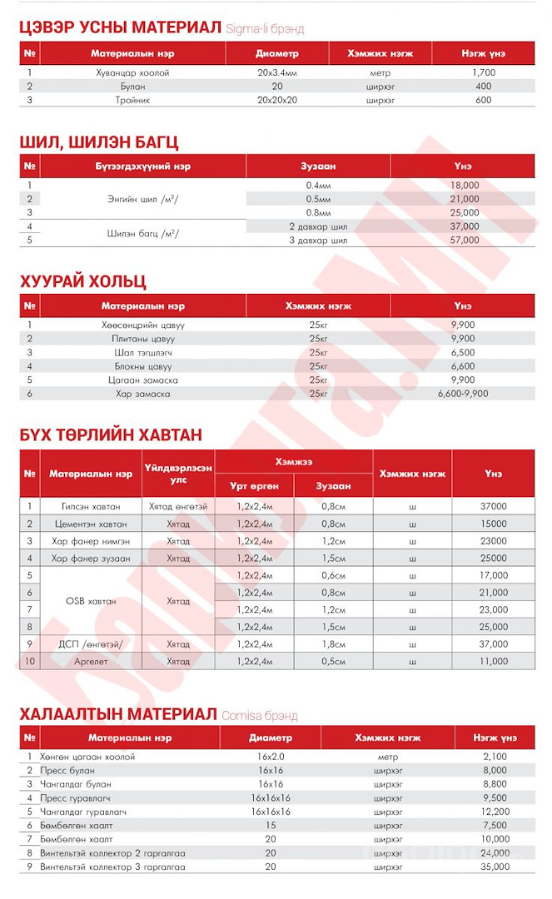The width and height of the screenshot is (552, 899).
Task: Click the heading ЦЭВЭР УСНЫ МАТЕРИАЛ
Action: point(120,27)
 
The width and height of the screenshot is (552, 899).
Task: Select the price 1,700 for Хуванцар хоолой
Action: point(483,73)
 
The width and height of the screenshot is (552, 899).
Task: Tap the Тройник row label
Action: point(132,100)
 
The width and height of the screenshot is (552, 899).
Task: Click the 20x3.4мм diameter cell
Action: point(277,73)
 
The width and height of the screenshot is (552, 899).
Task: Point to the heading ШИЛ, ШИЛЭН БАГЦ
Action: point(98,142)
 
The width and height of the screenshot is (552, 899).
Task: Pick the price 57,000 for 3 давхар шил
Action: point(464,241)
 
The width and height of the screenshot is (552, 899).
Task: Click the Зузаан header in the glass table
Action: point(317,166)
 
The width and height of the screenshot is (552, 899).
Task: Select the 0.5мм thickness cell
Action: point(317,199)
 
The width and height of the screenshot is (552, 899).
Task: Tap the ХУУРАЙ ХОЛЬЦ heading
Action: point(82,281)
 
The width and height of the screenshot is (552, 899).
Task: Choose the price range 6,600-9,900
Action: point(463,394)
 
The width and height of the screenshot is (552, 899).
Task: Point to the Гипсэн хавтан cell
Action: point(91,506)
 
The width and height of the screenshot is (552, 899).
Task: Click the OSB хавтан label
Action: point(91,600)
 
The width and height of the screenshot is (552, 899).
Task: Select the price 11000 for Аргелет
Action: point(493,662)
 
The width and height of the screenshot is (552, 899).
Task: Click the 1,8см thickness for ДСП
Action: point(333,644)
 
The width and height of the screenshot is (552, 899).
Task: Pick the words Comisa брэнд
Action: point(259,716)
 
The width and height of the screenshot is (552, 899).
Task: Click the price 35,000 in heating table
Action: point(495,867)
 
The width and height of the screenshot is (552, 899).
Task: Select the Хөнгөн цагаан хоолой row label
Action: point(87,757)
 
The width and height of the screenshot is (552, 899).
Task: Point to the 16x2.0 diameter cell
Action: point(271,757)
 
